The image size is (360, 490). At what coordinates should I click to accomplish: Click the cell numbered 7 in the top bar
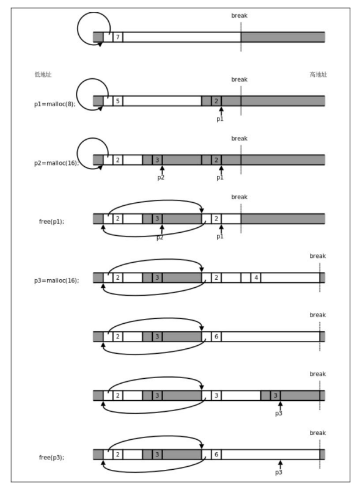pos(118,37)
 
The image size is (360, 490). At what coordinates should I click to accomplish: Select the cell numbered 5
pos(118,101)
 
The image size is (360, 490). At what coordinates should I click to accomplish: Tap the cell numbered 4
pos(256,277)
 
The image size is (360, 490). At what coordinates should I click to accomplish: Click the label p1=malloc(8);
pos(55,104)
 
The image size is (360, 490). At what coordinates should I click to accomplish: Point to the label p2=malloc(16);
pos(57,163)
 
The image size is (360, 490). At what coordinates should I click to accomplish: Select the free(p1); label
pos(51,222)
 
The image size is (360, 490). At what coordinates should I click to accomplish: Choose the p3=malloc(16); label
pos(57,280)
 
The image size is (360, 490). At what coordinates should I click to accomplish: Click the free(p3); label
pos(51,458)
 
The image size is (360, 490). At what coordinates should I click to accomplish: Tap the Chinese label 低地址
pos(43,75)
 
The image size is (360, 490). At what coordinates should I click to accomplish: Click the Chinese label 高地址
pos(318,75)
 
